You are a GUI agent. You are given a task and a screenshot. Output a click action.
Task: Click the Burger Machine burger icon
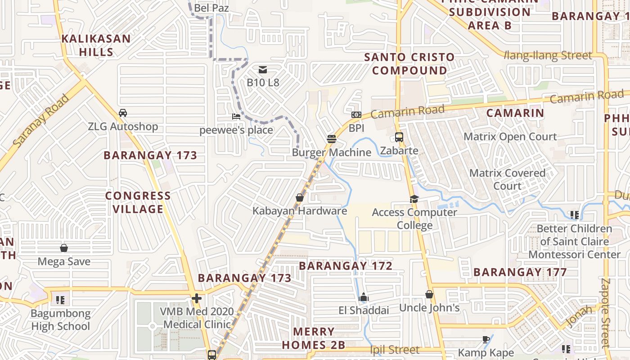(332, 139)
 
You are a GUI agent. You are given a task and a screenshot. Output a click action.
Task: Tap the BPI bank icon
(356, 115)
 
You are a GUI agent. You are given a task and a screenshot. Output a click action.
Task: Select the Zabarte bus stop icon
(399, 137)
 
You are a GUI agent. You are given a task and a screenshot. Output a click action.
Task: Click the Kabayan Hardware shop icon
(300, 198)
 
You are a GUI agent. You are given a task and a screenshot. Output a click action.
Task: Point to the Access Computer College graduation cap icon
(414, 199)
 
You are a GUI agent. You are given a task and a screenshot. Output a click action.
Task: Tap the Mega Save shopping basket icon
(64, 248)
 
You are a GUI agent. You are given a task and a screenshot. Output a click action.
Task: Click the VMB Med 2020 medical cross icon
(196, 298)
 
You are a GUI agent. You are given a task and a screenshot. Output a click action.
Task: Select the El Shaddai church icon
(364, 297)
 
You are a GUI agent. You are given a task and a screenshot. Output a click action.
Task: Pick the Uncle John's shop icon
(429, 294)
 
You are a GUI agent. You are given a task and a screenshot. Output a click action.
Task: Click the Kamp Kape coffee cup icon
(486, 339)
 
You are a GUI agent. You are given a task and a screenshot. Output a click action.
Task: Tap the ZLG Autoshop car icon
(122, 113)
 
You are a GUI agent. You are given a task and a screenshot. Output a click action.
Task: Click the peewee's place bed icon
(236, 117)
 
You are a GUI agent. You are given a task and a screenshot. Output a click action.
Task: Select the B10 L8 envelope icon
(263, 69)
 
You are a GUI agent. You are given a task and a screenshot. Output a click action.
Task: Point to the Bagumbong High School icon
(60, 300)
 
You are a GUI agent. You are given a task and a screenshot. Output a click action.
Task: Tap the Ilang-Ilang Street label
(548, 56)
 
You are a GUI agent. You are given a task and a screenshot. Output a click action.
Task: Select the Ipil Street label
(395, 350)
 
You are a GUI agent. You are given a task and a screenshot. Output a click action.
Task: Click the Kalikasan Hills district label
(96, 45)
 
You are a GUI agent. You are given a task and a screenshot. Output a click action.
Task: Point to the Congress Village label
(138, 202)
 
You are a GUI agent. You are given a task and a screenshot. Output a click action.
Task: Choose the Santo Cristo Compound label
(409, 64)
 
